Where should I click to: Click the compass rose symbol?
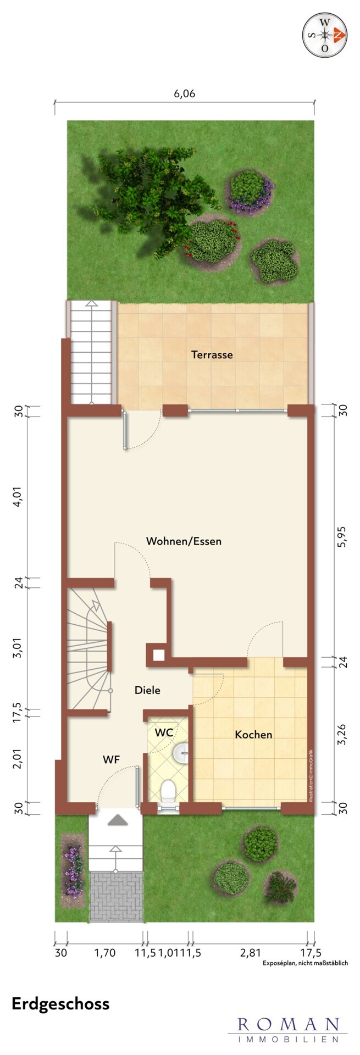click(x=325, y=35)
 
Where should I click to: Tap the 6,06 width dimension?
click(x=185, y=93)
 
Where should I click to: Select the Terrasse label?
click(x=212, y=354)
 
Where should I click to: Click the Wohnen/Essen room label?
click(x=184, y=541)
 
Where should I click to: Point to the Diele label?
click(x=148, y=690)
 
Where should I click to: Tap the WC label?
click(x=164, y=732)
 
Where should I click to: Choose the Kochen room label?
click(x=253, y=735)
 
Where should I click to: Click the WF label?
click(x=112, y=760)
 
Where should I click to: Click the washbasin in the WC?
click(x=181, y=753)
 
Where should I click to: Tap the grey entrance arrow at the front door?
click(x=117, y=820)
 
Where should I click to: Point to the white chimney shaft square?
click(x=159, y=654)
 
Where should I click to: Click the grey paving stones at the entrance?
click(x=116, y=893)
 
